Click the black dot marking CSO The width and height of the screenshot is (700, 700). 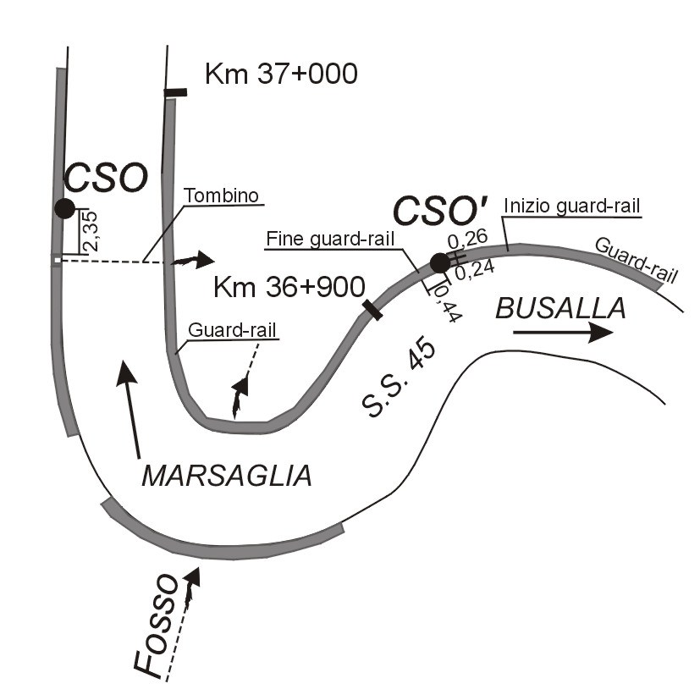coord(64,208)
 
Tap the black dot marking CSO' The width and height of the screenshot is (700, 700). coord(440,263)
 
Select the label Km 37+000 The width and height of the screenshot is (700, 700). coord(282,75)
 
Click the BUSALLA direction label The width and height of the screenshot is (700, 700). coord(560,309)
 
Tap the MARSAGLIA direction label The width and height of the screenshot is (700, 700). coord(226,476)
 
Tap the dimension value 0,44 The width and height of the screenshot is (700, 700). coord(442,302)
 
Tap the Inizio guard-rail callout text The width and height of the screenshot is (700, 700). coord(570,205)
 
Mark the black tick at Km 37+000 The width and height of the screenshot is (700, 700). coord(175,91)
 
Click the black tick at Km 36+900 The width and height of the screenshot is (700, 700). coord(372,309)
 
